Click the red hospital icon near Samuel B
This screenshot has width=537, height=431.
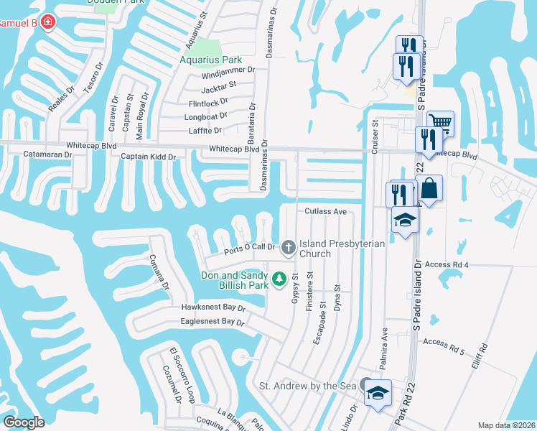48,23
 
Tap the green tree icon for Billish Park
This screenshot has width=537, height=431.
279,278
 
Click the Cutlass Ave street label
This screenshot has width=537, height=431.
325,212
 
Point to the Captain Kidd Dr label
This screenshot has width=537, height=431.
149,156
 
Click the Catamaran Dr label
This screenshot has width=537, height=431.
48,154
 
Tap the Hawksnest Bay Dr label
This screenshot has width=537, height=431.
213,307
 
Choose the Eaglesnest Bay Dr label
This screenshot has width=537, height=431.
212,323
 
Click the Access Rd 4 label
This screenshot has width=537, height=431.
447,264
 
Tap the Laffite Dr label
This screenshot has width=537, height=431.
205,131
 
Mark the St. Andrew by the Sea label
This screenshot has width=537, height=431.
307,386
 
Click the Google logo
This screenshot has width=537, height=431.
23,422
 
